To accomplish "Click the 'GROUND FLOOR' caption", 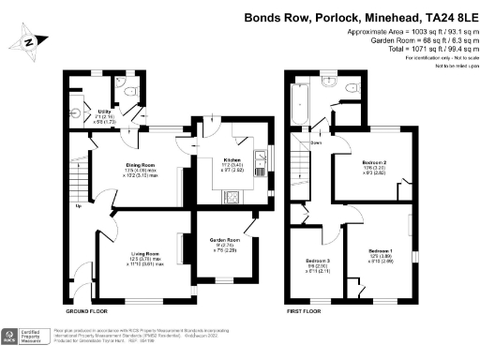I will [90, 310].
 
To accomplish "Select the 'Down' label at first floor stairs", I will [316, 143].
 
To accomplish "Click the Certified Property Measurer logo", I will [26, 337].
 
